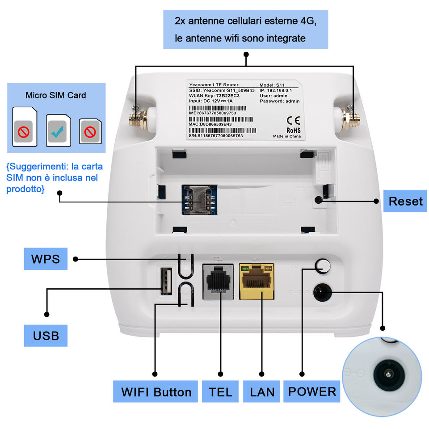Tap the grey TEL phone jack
coord(219,282)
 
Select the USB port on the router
coord(166,281)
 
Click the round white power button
coord(323,266)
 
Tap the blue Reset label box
coord(405,201)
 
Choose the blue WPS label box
coord(45,259)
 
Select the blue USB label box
coord(46,335)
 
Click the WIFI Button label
coord(156,392)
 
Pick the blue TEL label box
coord(220,392)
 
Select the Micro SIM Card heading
coord(56,95)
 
